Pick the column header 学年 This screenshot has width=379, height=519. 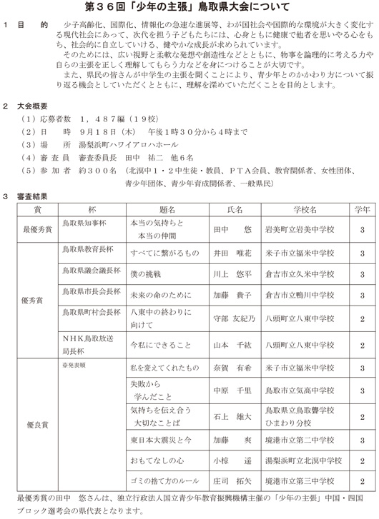point(362,211)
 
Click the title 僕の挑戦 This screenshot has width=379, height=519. point(148,274)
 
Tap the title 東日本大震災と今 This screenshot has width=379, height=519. point(161,440)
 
